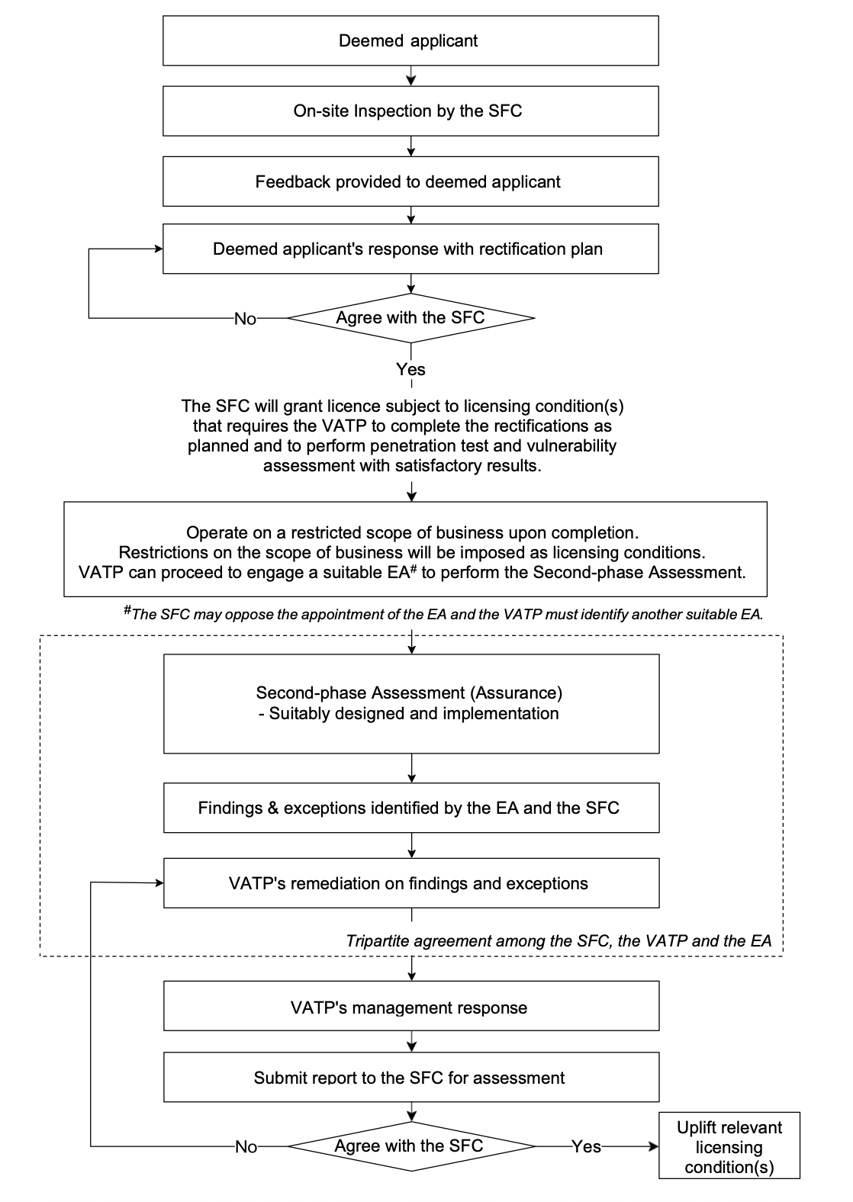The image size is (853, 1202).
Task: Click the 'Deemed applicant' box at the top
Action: (x=410, y=40)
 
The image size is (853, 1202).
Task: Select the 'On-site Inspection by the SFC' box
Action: (x=410, y=111)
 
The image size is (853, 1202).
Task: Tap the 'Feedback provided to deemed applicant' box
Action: (x=410, y=182)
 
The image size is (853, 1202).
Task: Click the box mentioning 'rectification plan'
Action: (x=410, y=249)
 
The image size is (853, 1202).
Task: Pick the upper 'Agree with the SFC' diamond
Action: (x=410, y=317)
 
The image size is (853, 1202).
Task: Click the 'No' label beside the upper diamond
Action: (x=245, y=319)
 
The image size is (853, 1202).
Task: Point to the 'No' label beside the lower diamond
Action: (x=246, y=1147)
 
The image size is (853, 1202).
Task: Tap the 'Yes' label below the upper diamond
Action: (x=410, y=369)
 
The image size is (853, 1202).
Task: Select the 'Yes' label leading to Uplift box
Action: (x=586, y=1146)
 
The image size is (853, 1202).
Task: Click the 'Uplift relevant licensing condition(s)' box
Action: (x=729, y=1146)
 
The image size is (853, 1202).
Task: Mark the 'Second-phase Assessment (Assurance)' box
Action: (x=410, y=703)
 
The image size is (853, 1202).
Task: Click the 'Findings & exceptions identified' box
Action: (x=410, y=808)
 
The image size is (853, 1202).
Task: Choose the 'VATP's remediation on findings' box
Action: (x=410, y=883)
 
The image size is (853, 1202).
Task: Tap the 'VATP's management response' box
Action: (x=410, y=1008)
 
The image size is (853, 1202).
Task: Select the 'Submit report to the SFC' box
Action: (x=410, y=1078)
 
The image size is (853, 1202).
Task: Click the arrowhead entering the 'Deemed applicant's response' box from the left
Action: (x=159, y=249)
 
